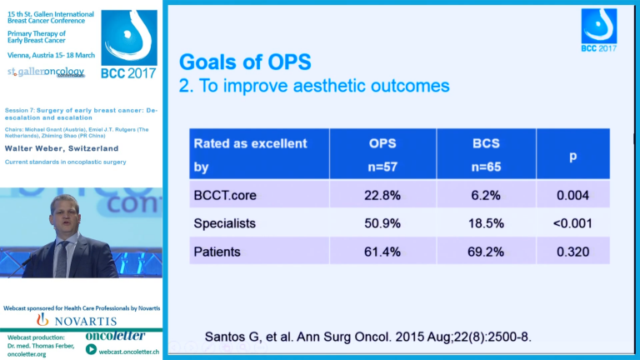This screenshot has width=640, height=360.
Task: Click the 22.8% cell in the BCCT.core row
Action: click(x=382, y=195)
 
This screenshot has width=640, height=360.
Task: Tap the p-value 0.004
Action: click(x=572, y=195)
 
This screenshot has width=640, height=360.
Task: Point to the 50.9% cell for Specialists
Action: click(x=382, y=223)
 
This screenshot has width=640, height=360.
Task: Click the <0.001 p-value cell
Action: click(x=572, y=223)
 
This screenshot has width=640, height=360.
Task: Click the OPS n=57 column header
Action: click(x=382, y=154)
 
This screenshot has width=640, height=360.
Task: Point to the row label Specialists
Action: click(x=226, y=223)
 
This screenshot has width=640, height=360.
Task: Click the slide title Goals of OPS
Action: click(x=245, y=62)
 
